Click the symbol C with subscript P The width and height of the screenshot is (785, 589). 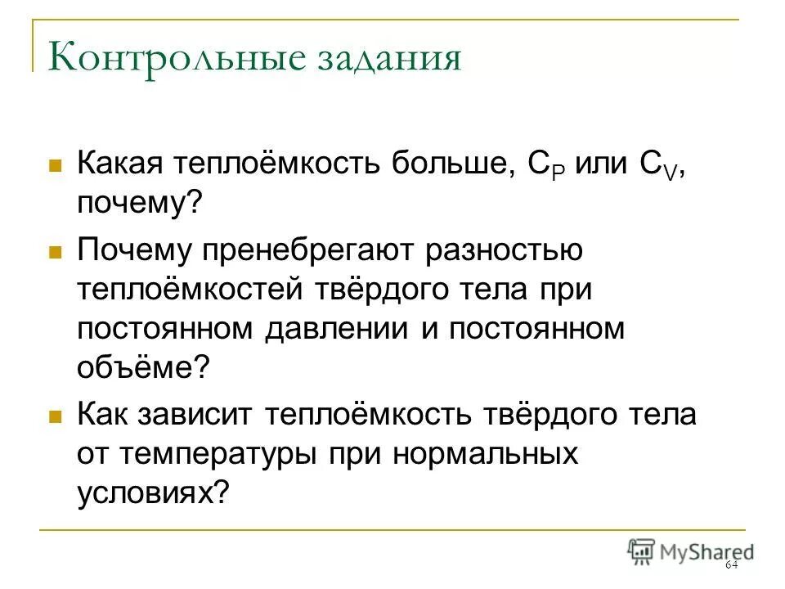(541, 164)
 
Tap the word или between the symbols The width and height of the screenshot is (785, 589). (599, 163)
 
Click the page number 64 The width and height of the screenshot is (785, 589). (730, 566)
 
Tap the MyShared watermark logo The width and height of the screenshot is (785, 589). (691, 551)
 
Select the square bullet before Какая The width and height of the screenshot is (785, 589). (56, 164)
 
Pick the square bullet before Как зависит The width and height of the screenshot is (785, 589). (56, 416)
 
